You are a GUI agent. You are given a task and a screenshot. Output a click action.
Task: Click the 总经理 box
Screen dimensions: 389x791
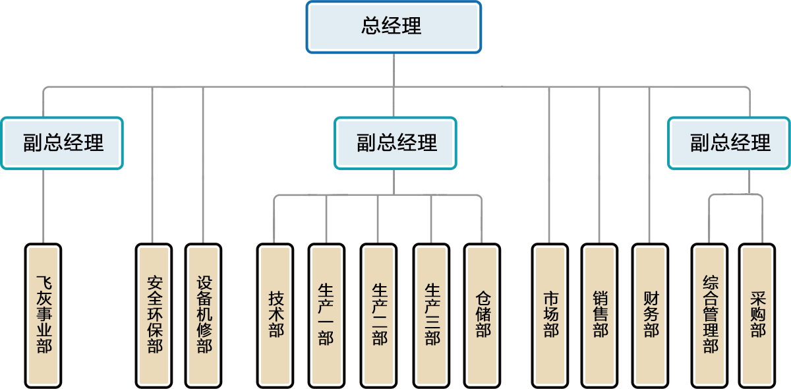393,26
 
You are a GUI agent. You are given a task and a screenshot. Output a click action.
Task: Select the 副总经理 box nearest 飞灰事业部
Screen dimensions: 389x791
63,143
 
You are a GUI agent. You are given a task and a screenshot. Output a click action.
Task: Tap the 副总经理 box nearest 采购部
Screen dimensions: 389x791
730,143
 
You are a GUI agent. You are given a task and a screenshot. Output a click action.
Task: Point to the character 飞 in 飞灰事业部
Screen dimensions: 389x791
44,285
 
